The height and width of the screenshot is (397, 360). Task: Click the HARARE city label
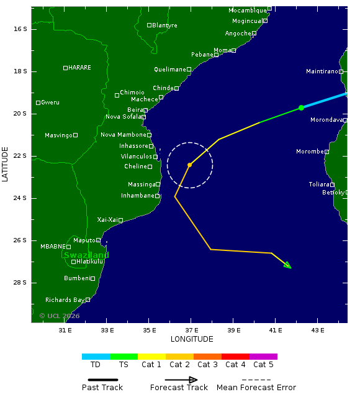(79, 68)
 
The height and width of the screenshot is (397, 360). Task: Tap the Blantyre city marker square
(150, 25)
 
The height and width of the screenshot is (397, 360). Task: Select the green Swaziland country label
(86, 255)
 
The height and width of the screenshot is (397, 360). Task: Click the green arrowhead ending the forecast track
(287, 265)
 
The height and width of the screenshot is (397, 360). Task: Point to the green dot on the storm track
(301, 107)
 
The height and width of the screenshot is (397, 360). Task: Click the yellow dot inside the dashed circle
(189, 165)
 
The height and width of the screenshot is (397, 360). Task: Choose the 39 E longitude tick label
(234, 330)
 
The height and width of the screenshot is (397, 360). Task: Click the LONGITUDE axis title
(192, 339)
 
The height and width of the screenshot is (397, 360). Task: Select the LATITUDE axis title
(6, 165)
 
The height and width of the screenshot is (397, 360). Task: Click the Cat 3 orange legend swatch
(207, 357)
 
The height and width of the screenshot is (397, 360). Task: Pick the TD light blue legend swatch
(96, 357)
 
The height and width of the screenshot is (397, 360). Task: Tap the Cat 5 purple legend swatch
(263, 357)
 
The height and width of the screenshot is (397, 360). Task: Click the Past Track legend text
(102, 388)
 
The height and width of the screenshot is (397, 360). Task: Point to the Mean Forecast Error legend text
(256, 388)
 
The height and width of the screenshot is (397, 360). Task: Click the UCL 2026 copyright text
(60, 316)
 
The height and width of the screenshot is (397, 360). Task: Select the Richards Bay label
(65, 300)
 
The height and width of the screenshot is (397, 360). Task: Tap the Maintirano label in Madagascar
(322, 71)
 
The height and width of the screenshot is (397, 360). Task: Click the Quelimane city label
(169, 70)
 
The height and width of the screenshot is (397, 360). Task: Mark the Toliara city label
(319, 185)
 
